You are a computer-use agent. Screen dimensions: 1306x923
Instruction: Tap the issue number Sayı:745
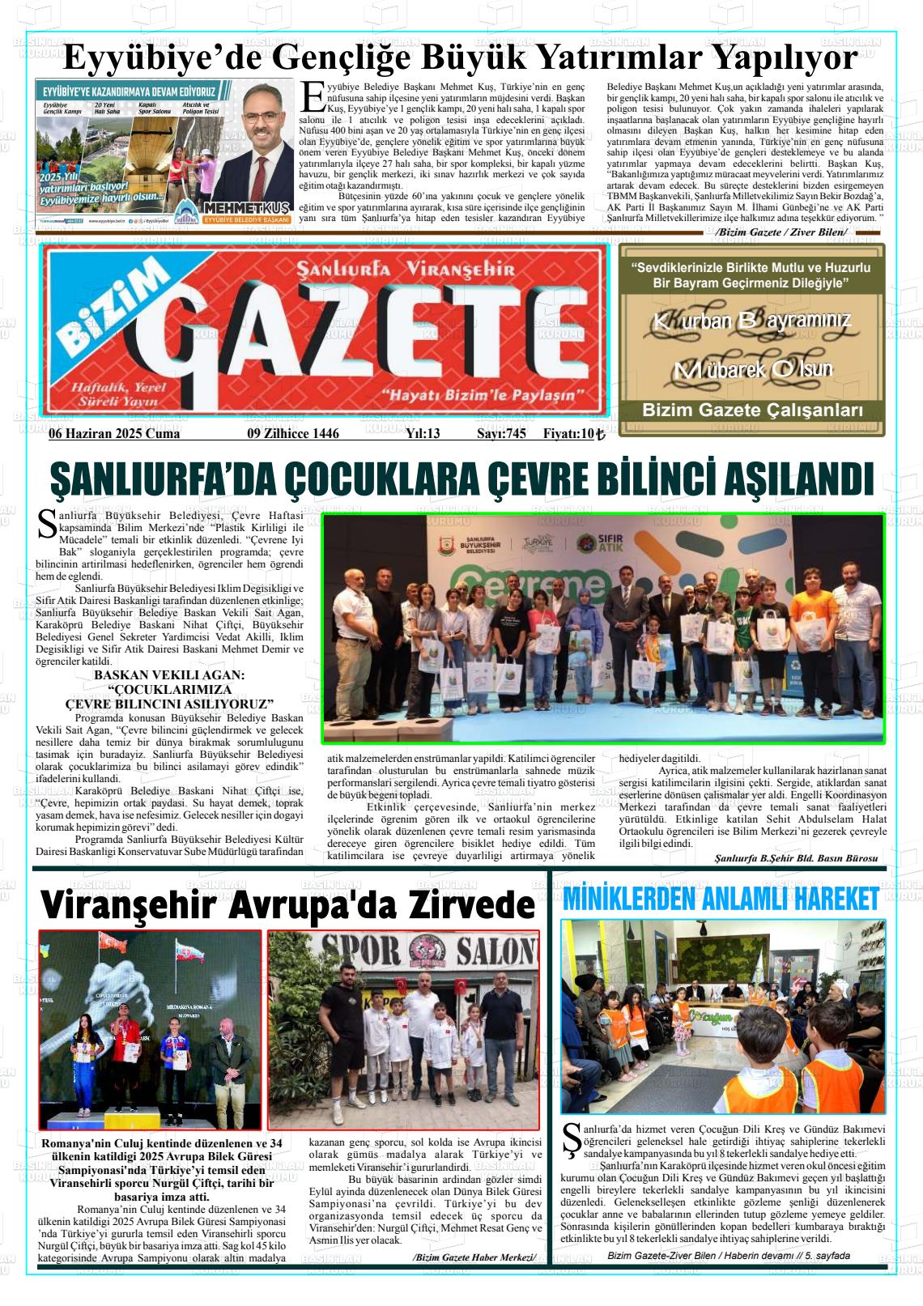[x=501, y=434]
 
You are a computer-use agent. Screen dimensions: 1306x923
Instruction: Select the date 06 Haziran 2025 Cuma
[x=114, y=434]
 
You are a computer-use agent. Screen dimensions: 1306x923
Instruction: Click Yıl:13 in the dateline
[x=422, y=434]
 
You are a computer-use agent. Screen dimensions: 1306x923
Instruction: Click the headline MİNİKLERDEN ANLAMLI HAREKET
[x=720, y=898]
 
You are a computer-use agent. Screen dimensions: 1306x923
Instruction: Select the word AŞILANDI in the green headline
[x=797, y=479]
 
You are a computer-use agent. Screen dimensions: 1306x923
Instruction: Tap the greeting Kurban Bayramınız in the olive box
[x=751, y=321]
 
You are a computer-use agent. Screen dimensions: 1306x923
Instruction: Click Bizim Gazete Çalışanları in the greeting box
[x=751, y=411]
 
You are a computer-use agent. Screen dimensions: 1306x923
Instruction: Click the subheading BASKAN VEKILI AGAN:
[x=169, y=675]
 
